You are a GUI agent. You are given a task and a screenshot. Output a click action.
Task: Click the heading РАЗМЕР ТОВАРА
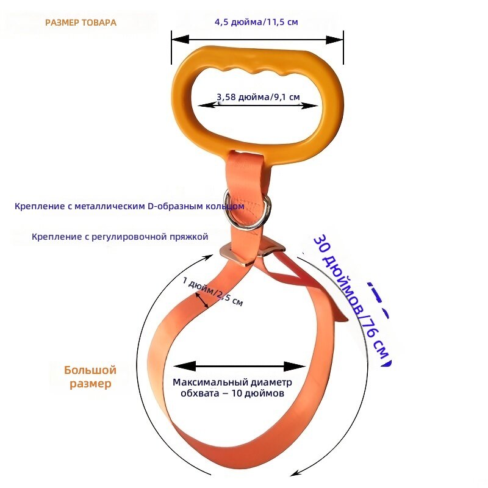point(81,23)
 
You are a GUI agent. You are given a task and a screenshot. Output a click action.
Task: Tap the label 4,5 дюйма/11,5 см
point(256,22)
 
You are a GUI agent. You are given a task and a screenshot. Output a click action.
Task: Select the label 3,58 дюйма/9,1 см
point(258,97)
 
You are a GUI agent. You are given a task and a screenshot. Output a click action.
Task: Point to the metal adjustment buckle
point(252,251)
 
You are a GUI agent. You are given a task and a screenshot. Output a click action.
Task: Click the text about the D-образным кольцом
point(129,206)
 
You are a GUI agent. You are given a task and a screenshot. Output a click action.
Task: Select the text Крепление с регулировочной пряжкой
point(120,237)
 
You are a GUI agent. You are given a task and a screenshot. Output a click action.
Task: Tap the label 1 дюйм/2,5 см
point(213,292)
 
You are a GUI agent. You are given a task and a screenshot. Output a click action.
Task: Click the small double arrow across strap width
point(202,300)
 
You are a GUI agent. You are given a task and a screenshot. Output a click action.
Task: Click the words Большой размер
point(90,376)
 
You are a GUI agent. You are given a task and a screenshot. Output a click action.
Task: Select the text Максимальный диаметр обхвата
point(232,387)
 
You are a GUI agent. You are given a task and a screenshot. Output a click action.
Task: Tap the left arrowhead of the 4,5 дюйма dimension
point(181,40)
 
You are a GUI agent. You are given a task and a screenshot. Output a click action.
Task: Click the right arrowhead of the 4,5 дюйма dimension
point(334,40)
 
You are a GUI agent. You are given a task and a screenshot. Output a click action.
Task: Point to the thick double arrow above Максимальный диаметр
point(240,367)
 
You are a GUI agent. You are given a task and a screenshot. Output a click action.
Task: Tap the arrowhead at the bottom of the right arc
point(296,472)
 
